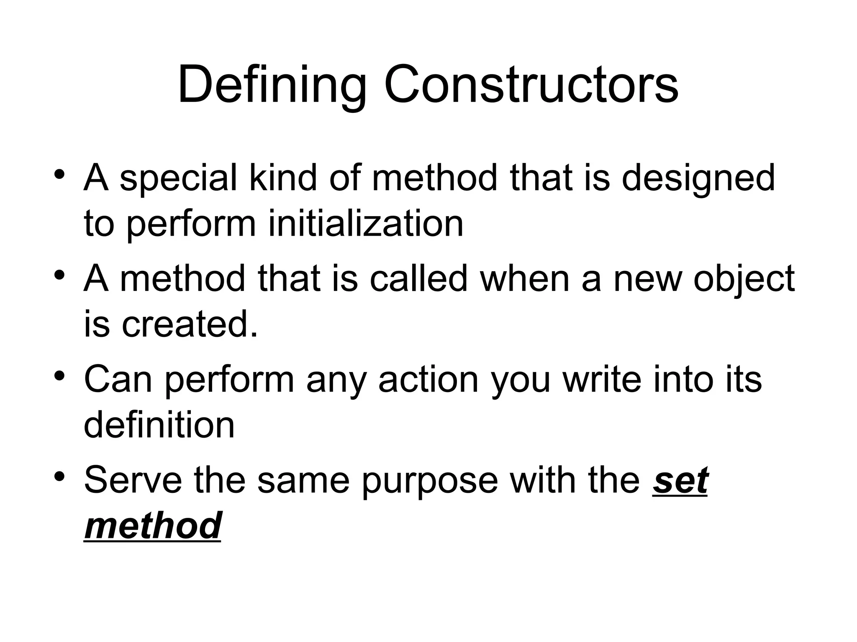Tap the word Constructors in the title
coord(531,86)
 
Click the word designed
coord(698,178)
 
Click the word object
coord(744,279)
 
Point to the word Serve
coord(133,480)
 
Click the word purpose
coord(430,480)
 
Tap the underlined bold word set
coord(680,480)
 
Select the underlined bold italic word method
coord(153,526)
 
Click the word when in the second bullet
coord(525,279)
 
